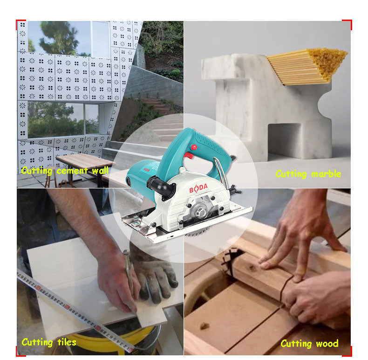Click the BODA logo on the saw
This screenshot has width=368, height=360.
pos(198,188)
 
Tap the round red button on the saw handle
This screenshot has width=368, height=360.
pos(194,147)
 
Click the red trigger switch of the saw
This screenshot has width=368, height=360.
pos(188,155)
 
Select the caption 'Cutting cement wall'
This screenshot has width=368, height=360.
pos(65,171)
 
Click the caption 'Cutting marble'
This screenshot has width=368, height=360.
pos(308,174)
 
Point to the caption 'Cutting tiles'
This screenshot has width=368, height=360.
pos(49,342)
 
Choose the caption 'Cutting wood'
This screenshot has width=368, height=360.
pos(310,344)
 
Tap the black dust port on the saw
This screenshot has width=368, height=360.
pos(162,187)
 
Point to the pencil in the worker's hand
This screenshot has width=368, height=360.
pos(129,270)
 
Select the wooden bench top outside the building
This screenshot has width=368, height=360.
pos(85,161)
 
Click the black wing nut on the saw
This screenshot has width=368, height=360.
pos(235,190)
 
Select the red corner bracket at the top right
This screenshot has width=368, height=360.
pos(348,24)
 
